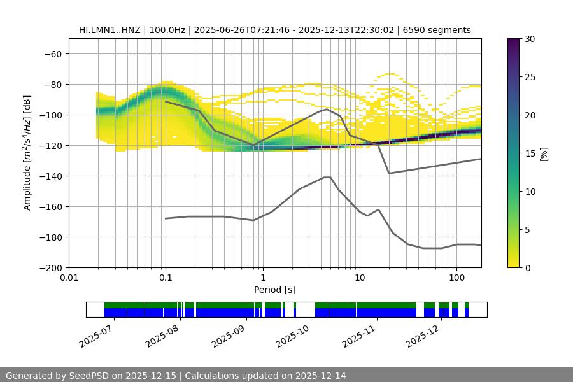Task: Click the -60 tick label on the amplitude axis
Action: pyautogui.click(x=53, y=53)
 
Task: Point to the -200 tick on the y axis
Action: pyautogui.click(x=51, y=267)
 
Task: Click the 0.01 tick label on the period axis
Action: pyautogui.click(x=69, y=278)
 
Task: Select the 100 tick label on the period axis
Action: pyautogui.click(x=456, y=278)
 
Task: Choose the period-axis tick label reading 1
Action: pyautogui.click(x=262, y=278)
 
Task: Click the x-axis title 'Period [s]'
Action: pyautogui.click(x=275, y=290)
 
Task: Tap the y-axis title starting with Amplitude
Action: pyautogui.click(x=27, y=153)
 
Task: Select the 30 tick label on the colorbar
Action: pyautogui.click(x=530, y=39)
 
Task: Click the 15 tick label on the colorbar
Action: pyautogui.click(x=530, y=153)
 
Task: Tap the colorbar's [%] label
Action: pyautogui.click(x=544, y=153)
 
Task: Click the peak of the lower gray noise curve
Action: pyautogui.click(x=327, y=177)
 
